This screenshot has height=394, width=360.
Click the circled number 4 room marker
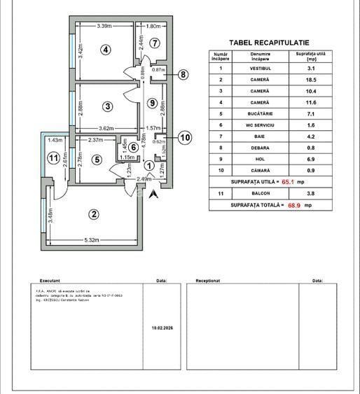tap(105, 50)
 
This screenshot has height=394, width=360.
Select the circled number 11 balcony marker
tap(54, 157)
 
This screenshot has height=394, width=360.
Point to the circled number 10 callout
tap(184, 137)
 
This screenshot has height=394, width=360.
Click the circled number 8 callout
tap(184, 74)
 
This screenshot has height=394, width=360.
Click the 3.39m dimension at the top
tap(104, 27)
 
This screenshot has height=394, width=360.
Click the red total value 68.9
tap(293, 206)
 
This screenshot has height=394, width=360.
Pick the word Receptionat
tap(209, 278)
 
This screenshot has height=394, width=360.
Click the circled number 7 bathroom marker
tap(154, 43)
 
